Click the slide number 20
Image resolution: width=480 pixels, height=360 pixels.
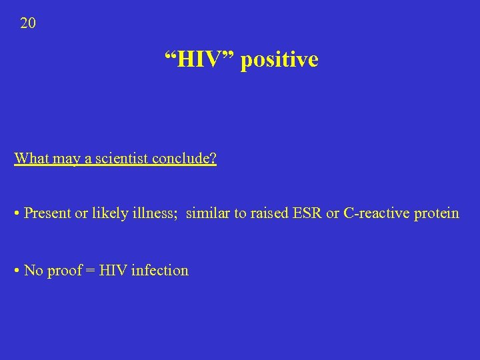[28, 24]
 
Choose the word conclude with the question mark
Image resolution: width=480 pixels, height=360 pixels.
[184, 159]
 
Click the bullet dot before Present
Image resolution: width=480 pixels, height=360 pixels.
[17, 214]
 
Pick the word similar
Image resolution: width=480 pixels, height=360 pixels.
[208, 213]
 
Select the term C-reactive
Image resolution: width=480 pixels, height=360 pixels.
[376, 213]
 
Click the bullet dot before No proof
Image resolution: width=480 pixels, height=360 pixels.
[17, 271]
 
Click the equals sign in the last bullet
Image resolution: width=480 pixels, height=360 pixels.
[90, 271]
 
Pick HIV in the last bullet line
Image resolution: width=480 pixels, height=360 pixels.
[111, 270]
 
